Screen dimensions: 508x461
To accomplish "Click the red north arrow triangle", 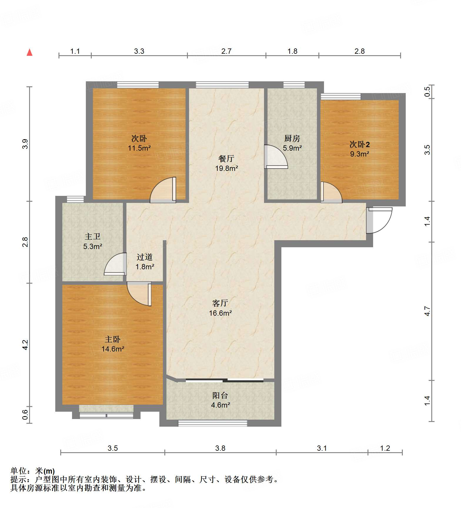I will [29, 53].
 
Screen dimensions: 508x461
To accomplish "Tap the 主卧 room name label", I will [113, 339].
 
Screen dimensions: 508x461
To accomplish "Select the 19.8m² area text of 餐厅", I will [226, 168].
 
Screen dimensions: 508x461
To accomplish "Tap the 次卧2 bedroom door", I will [331, 193].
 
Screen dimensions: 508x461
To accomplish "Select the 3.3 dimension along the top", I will [139, 51].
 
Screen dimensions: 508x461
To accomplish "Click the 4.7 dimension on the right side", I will [427, 311].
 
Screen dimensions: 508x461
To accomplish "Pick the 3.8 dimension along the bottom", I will [220, 448].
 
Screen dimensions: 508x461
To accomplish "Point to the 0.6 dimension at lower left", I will [25, 415].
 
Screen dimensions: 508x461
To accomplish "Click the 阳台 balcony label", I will [220, 396].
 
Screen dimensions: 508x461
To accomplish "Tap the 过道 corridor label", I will [145, 257].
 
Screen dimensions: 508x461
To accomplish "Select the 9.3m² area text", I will [360, 154].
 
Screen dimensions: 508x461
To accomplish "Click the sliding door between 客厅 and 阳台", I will [225, 380].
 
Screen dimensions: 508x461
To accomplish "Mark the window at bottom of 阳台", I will [213, 423].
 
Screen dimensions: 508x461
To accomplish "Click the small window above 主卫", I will [75, 199].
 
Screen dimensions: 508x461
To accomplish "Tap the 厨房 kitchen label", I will [292, 138].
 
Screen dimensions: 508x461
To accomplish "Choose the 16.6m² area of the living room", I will [221, 313].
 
